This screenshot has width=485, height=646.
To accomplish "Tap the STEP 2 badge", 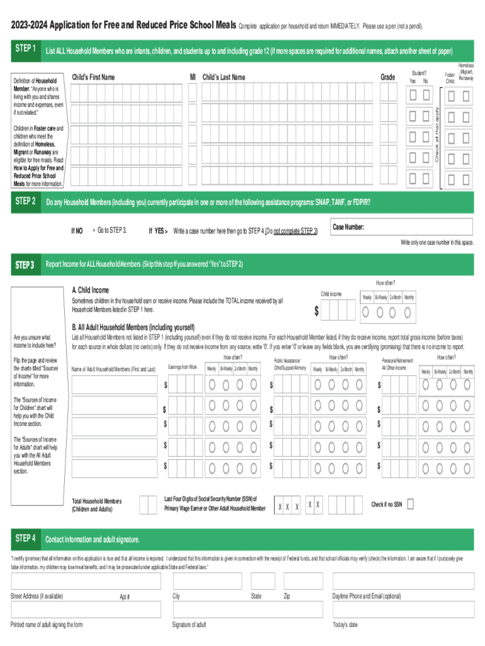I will tap(26, 202).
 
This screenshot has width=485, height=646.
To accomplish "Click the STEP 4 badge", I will tap(26, 539).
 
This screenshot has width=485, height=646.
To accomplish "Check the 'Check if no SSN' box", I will tap(411, 504).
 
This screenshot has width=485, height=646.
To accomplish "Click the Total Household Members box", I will tap(148, 505).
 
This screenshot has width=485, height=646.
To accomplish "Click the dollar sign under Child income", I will tap(317, 312).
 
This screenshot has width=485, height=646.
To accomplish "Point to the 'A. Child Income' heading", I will tap(91, 290).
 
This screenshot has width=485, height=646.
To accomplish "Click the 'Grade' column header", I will tap(388, 77).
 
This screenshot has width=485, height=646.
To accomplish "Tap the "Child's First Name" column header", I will tap(94, 77).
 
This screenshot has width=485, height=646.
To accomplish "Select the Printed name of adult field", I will tap(85, 609).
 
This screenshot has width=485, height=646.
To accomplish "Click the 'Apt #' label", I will tap(125, 596).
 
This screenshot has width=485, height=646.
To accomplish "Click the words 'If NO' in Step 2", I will tap(76, 231).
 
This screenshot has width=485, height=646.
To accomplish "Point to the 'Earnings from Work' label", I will tap(183, 367).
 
